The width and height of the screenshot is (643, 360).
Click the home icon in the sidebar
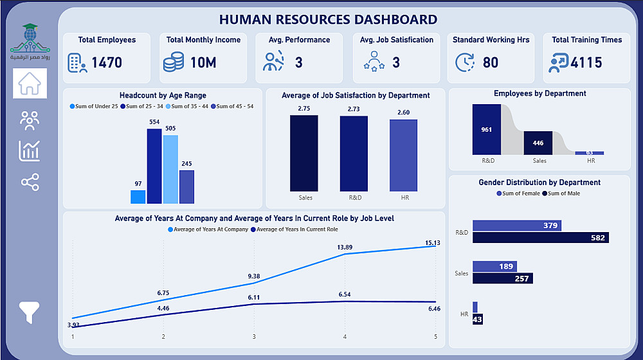point(30,84)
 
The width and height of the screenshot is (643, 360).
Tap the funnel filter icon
point(30,312)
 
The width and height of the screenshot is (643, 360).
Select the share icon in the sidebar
point(30,183)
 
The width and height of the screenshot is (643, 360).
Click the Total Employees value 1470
point(106,62)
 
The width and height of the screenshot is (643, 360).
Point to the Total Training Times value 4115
point(586,62)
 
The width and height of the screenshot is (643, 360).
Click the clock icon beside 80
point(464,62)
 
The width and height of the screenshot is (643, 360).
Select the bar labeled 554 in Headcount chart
point(154,166)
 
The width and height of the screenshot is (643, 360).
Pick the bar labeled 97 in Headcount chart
point(138,197)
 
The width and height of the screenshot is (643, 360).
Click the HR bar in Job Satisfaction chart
point(403,155)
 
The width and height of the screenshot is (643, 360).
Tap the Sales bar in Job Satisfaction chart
point(304,153)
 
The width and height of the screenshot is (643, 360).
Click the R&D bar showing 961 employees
point(486,129)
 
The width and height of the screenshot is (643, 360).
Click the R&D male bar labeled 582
point(540,237)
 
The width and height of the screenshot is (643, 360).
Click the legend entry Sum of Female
point(518,194)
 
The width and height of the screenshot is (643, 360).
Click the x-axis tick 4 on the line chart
point(345,337)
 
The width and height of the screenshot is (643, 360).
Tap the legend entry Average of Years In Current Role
point(296,230)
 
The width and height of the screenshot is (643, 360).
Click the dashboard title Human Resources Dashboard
point(328,20)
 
